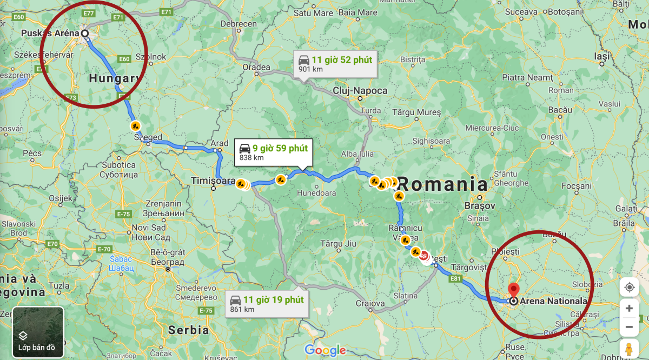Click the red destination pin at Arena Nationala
(x=513, y=289)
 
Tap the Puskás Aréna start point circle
(x=85, y=34)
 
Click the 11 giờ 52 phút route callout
(x=335, y=64)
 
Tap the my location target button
(x=629, y=287)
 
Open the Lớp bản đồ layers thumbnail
(x=38, y=332)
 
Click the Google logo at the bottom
(x=325, y=350)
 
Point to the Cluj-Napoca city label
(x=360, y=91)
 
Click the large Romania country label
(x=442, y=184)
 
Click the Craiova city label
(x=370, y=303)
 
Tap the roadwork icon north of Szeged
(x=135, y=125)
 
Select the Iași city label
(x=601, y=56)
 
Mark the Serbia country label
(x=188, y=330)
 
